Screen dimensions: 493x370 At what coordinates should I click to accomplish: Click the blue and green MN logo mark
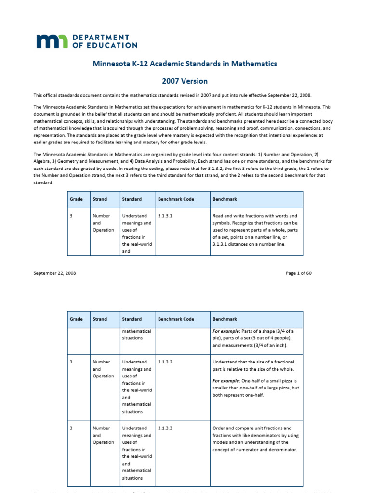point(52,41)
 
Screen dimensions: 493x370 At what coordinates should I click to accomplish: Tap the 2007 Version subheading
point(185,81)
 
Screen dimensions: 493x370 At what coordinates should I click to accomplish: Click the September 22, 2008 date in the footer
point(54,273)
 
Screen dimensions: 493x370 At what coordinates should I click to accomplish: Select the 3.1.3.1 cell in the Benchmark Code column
point(165,216)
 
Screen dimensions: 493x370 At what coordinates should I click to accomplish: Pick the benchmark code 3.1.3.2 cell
point(165,362)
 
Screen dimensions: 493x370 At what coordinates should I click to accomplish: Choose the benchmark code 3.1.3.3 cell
point(165,428)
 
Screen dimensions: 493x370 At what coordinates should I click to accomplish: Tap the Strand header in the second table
point(100,319)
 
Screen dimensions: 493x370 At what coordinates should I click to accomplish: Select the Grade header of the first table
point(76,199)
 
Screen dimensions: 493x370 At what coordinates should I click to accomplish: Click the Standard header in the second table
point(132,319)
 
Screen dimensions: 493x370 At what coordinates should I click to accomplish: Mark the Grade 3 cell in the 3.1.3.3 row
point(71,428)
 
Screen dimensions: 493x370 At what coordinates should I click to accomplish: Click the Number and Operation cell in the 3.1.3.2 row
point(101,369)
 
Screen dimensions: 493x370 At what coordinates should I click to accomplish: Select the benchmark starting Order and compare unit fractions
point(255,439)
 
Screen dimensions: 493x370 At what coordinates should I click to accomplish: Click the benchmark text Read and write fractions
point(255,230)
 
